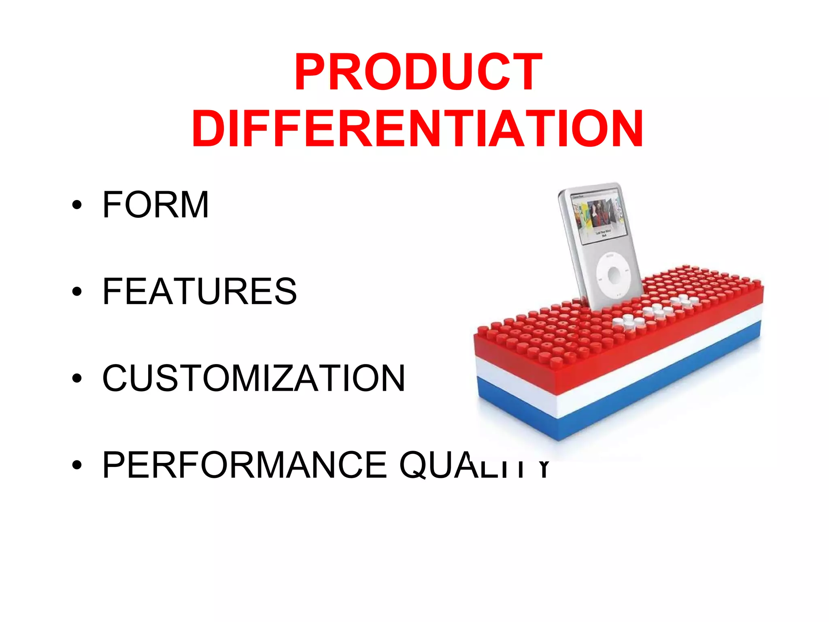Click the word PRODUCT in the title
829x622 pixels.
pyautogui.click(x=418, y=72)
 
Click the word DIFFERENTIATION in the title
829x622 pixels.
pyautogui.click(x=417, y=129)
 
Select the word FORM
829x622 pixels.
pyautogui.click(x=155, y=205)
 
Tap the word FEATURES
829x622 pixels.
pyautogui.click(x=200, y=291)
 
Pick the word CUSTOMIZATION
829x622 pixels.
pyautogui.click(x=253, y=378)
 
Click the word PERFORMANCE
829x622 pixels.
pyautogui.click(x=244, y=465)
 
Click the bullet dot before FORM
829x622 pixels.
pyautogui.click(x=77, y=205)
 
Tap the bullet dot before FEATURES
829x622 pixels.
pyautogui.click(x=77, y=292)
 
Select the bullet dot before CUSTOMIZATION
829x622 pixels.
pyautogui.click(x=77, y=379)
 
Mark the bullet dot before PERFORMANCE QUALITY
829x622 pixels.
pyautogui.click(x=77, y=465)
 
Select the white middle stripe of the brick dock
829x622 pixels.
pyautogui.click(x=607, y=385)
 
